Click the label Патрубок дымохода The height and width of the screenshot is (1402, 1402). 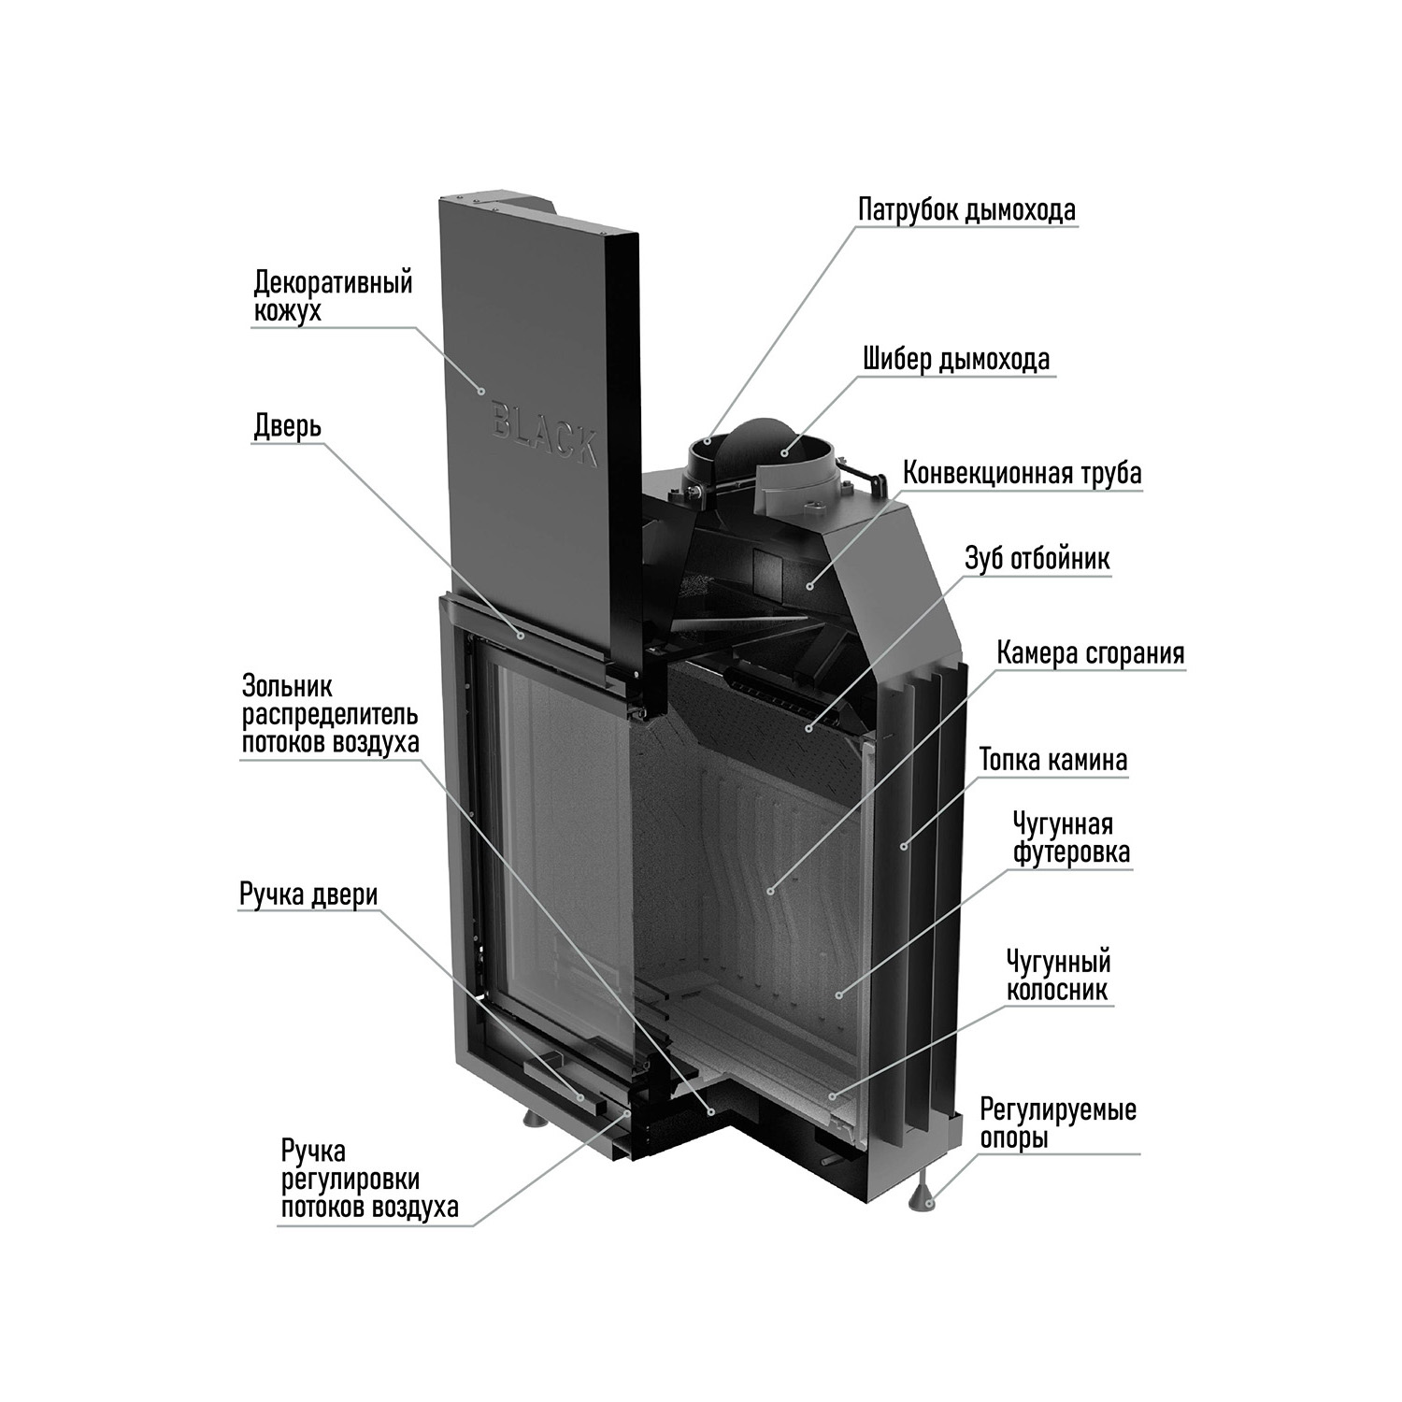(x=966, y=209)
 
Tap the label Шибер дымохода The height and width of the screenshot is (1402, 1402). (x=956, y=359)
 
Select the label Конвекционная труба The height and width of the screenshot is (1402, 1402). (x=1022, y=473)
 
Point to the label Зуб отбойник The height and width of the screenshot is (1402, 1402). (x=1037, y=559)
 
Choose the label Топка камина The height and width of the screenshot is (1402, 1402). (x=1053, y=760)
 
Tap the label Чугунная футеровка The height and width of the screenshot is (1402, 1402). (x=1070, y=838)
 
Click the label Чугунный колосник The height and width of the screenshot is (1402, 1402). (x=1058, y=976)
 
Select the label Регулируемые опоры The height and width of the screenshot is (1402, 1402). (x=1058, y=1123)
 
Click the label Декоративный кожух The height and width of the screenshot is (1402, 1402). (x=333, y=295)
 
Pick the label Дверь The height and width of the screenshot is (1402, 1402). (x=288, y=426)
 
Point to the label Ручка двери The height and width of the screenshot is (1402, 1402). (x=308, y=894)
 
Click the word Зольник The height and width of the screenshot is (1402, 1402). (x=287, y=686)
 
